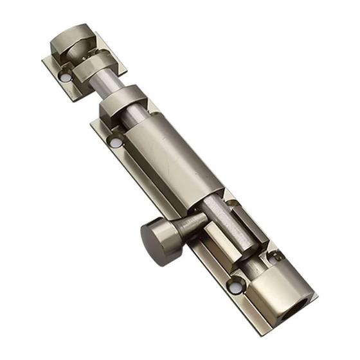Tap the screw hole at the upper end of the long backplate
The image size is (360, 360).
click(x=116, y=140)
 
